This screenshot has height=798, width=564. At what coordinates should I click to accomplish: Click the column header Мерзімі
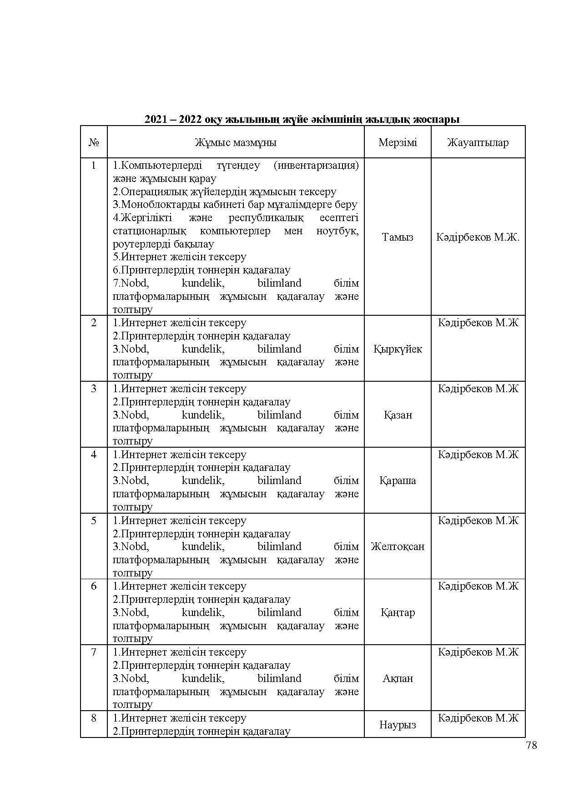(x=398, y=142)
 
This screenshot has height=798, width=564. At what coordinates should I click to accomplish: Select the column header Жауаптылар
(x=478, y=142)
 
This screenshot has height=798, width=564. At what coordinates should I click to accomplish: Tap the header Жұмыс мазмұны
(x=236, y=142)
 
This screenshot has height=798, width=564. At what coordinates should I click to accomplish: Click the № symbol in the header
(x=94, y=142)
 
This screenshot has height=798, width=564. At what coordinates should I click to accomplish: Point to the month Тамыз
(x=398, y=237)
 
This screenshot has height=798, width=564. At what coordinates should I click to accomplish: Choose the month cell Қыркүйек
(x=398, y=349)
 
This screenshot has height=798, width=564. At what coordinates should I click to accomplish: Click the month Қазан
(x=398, y=415)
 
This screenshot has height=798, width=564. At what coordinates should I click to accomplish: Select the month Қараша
(x=398, y=480)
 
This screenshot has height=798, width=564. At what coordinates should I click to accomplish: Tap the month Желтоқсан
(x=398, y=546)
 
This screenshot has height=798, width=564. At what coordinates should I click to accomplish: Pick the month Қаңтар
(x=398, y=612)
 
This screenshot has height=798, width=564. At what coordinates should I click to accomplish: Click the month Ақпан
(x=398, y=678)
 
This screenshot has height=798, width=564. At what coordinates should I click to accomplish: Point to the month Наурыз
(x=398, y=725)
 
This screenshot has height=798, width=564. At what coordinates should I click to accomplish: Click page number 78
(x=531, y=745)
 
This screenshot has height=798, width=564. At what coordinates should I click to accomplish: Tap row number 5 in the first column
(x=94, y=520)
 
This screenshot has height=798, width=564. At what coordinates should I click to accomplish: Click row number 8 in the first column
(x=94, y=718)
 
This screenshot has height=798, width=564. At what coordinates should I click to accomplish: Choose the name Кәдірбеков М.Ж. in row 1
(x=478, y=237)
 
